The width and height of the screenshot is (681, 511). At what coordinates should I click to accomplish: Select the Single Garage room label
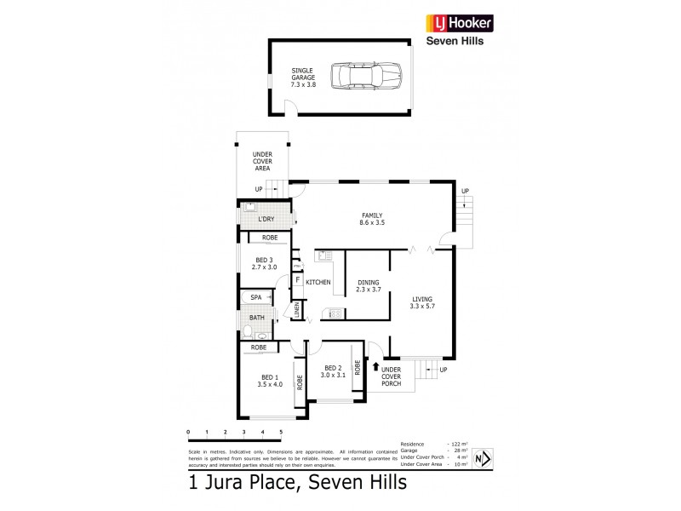coord(304,79)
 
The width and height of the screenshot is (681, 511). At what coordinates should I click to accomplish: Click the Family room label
coord(371,219)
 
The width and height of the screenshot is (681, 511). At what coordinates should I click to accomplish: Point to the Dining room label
coord(368,286)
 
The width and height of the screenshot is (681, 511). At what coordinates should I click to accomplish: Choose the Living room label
coord(422,302)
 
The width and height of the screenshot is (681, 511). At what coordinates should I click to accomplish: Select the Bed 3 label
coord(265,263)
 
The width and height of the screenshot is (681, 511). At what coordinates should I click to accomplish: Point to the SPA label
coord(255,297)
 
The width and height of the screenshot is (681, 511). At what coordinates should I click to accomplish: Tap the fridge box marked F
coord(298,279)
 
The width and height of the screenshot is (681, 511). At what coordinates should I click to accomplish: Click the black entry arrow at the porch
coord(376,367)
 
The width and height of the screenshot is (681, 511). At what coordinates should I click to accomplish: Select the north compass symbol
coord(481,458)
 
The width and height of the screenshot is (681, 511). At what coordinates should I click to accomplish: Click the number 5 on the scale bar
coord(280,433)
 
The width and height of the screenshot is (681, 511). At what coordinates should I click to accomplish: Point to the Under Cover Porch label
coord(392,376)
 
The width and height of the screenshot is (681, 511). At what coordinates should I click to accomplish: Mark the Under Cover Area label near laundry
coord(261,161)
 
